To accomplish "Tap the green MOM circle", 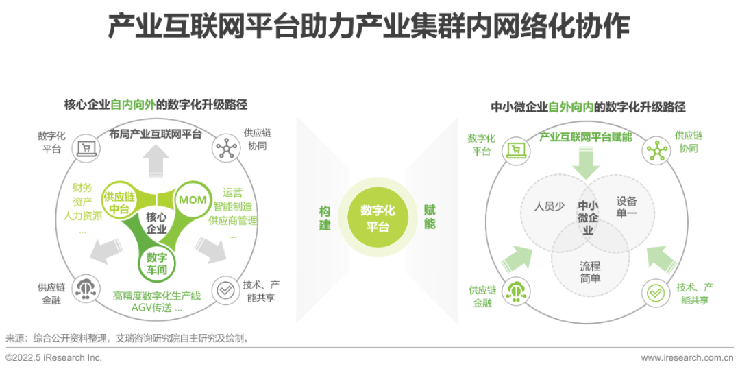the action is (x=193, y=200).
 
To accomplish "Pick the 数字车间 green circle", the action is (x=157, y=263).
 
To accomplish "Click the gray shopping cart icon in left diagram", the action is (x=86, y=147).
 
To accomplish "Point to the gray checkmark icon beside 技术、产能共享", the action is (x=224, y=291).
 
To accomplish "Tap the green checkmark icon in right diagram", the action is (x=656, y=292).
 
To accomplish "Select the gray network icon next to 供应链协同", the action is (x=225, y=147).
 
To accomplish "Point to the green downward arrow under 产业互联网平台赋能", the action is (x=586, y=163).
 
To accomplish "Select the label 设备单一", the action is (x=626, y=206).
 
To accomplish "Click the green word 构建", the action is (x=325, y=217).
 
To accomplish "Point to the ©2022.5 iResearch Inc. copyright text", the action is (x=53, y=358).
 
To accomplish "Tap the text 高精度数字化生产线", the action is (x=157, y=296).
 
